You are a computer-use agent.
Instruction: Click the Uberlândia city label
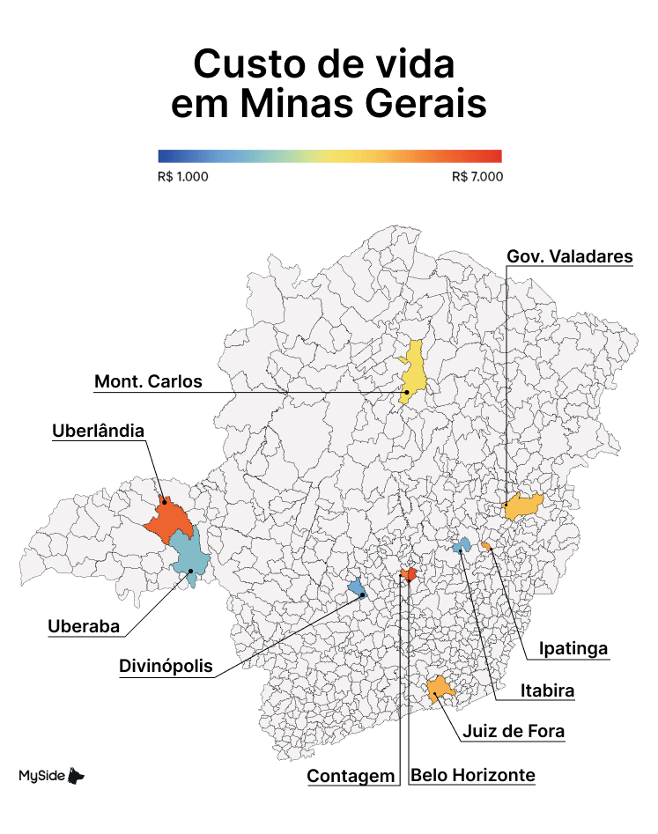pos(98,431)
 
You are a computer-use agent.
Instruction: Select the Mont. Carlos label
pos(148,381)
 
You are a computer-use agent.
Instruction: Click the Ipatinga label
pos(574,649)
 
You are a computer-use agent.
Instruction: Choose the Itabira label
pos(547,690)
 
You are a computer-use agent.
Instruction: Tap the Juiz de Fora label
pos(514,731)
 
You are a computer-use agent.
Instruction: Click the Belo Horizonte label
pos(473,775)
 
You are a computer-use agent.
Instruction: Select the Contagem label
pos(351,776)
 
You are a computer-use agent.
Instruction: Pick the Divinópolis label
pos(166,666)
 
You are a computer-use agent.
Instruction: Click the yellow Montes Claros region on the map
pos(413,370)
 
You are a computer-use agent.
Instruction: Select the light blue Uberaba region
pos(190,552)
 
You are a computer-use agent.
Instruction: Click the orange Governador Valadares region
pos(524,506)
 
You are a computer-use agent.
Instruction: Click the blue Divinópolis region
pos(356,587)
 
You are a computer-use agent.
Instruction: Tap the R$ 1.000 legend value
pos(183,176)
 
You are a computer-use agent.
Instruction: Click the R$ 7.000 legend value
pos(477,176)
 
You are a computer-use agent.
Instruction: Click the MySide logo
pos(52,775)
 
